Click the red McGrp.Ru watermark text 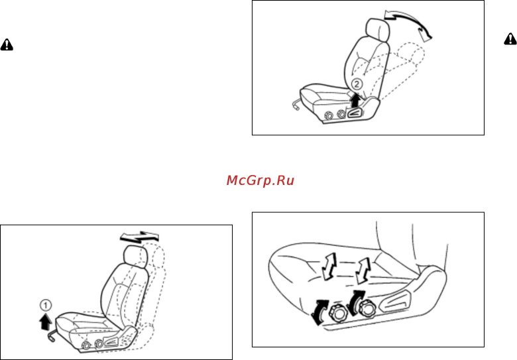260,180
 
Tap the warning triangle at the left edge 7,44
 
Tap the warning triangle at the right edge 510,39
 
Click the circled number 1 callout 46,305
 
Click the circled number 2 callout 357,84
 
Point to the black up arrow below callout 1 46,322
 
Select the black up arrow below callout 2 355,100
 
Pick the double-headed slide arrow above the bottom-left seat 140,237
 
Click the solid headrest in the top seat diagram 378,30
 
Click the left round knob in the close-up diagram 337,312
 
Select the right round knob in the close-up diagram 366,308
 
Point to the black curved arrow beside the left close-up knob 320,312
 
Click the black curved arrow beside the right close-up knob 355,302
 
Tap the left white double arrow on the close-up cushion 329,267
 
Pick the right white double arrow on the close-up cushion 363,270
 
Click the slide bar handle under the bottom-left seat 53,335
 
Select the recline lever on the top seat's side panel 355,113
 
